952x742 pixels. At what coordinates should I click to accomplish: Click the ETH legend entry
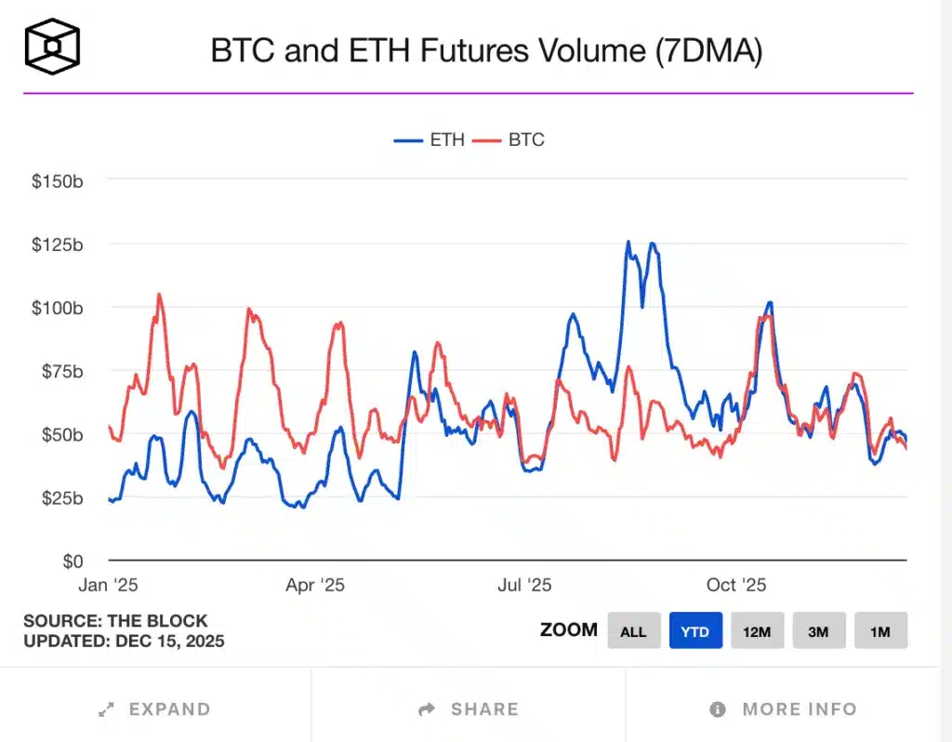[x=430, y=140]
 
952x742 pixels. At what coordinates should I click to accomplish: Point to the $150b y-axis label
[x=57, y=180]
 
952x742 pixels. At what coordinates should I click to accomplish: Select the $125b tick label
[x=57, y=245]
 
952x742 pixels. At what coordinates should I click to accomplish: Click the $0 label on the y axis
[x=72, y=562]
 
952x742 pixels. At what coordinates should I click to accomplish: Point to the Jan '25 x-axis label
[x=110, y=585]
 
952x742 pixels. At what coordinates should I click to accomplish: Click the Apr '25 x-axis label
[x=315, y=585]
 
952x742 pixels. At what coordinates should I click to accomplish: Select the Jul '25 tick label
[x=524, y=585]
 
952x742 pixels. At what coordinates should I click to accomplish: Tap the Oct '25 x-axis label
[x=735, y=585]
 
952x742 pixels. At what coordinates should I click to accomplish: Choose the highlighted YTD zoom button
[x=695, y=631]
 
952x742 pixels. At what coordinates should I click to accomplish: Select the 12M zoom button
[x=757, y=631]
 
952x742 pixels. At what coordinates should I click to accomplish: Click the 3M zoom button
[x=818, y=631]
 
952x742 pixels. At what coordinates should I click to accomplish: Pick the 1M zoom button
[x=880, y=631]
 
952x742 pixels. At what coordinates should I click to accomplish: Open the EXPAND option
[x=155, y=709]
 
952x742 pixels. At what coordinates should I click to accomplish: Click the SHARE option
[x=469, y=709]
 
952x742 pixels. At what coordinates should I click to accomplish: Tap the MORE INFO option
[x=783, y=709]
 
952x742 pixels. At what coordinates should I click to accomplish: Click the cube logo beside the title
[x=52, y=46]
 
